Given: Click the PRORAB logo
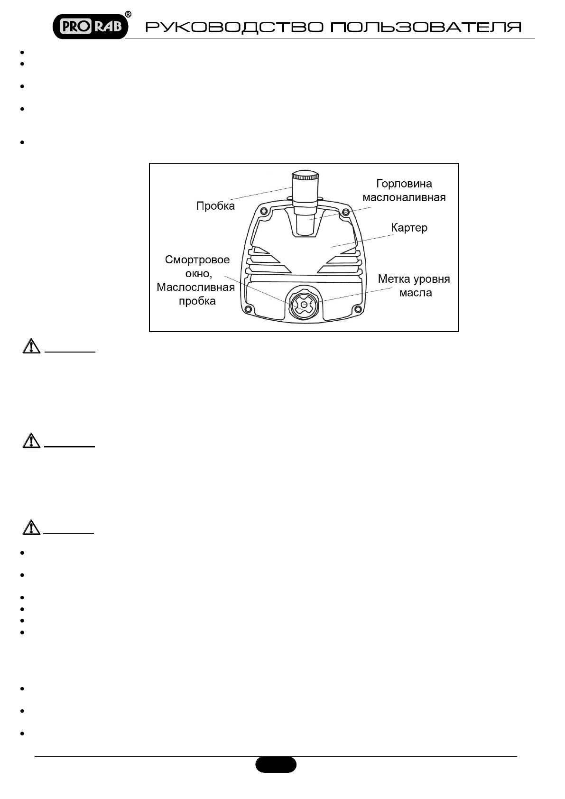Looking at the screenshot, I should (x=90, y=27).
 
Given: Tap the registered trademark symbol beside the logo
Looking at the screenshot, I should (x=128, y=14).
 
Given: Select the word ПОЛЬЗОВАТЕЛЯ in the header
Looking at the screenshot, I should (x=426, y=27).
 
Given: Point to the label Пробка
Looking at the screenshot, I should (x=215, y=206).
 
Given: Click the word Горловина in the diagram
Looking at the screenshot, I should (x=404, y=184).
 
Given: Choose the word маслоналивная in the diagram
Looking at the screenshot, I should (x=404, y=197).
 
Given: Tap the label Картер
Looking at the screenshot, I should (x=409, y=228).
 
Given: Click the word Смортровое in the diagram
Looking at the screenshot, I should (x=197, y=260).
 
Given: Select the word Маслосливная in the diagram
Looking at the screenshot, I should (x=196, y=287).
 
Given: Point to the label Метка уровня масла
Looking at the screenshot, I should (x=414, y=286).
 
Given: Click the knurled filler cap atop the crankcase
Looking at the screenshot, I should (x=305, y=183).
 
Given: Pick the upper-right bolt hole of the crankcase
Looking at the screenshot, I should (x=346, y=211).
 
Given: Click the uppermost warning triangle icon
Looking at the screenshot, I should (x=31, y=346).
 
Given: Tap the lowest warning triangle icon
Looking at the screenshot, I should (x=31, y=528).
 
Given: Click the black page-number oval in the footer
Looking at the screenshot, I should (x=276, y=764).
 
